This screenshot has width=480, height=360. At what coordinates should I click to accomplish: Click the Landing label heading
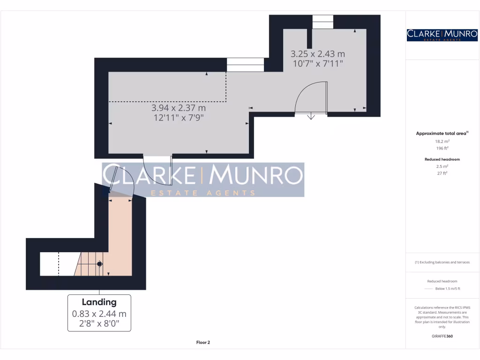[99, 302]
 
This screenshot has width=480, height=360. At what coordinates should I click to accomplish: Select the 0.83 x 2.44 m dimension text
[99, 314]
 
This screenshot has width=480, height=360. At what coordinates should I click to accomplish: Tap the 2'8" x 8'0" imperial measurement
[99, 324]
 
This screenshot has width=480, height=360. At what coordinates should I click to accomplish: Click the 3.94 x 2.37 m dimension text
[179, 108]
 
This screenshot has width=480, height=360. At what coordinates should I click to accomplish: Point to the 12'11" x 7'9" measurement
[179, 118]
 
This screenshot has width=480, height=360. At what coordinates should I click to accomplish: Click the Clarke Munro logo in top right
[442, 35]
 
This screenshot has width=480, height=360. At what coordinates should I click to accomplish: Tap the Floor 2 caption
[203, 343]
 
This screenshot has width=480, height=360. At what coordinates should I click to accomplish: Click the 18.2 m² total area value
[442, 141]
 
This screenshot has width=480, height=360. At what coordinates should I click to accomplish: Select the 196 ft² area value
[442, 148]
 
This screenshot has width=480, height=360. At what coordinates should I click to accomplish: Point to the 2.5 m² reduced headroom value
[442, 166]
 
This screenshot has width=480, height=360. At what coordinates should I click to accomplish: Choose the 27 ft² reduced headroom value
[442, 173]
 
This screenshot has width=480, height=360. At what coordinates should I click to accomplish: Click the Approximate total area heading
[442, 134]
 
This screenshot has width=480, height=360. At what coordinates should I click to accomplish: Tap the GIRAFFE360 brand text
[442, 336]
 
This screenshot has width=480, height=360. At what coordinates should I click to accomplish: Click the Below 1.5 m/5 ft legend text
[448, 288]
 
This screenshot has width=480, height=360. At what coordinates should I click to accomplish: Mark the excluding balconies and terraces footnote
[442, 262]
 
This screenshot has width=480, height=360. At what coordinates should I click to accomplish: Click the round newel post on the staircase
[99, 264]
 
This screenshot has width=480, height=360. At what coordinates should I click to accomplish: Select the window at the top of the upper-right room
[322, 22]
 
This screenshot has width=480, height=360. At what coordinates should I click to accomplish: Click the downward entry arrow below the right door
[311, 116]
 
